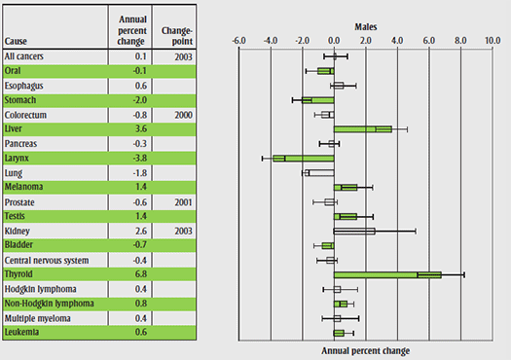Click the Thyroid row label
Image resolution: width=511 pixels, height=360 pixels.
point(21,274)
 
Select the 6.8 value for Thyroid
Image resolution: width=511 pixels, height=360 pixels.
point(140,274)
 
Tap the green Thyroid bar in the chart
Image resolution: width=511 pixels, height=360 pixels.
point(387,274)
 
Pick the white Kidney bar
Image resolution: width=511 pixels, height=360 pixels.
point(354,231)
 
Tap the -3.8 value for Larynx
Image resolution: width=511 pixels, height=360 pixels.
point(139,158)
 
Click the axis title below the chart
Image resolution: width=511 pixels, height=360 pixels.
point(365,350)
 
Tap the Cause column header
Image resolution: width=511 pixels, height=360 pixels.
point(17,41)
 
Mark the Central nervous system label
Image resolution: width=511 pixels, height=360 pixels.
point(47,260)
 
